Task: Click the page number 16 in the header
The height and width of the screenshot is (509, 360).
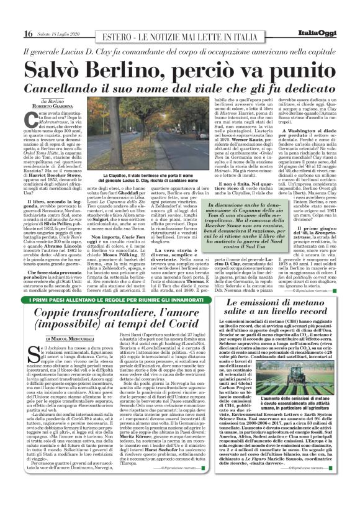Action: pyautogui.click(x=29, y=33)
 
